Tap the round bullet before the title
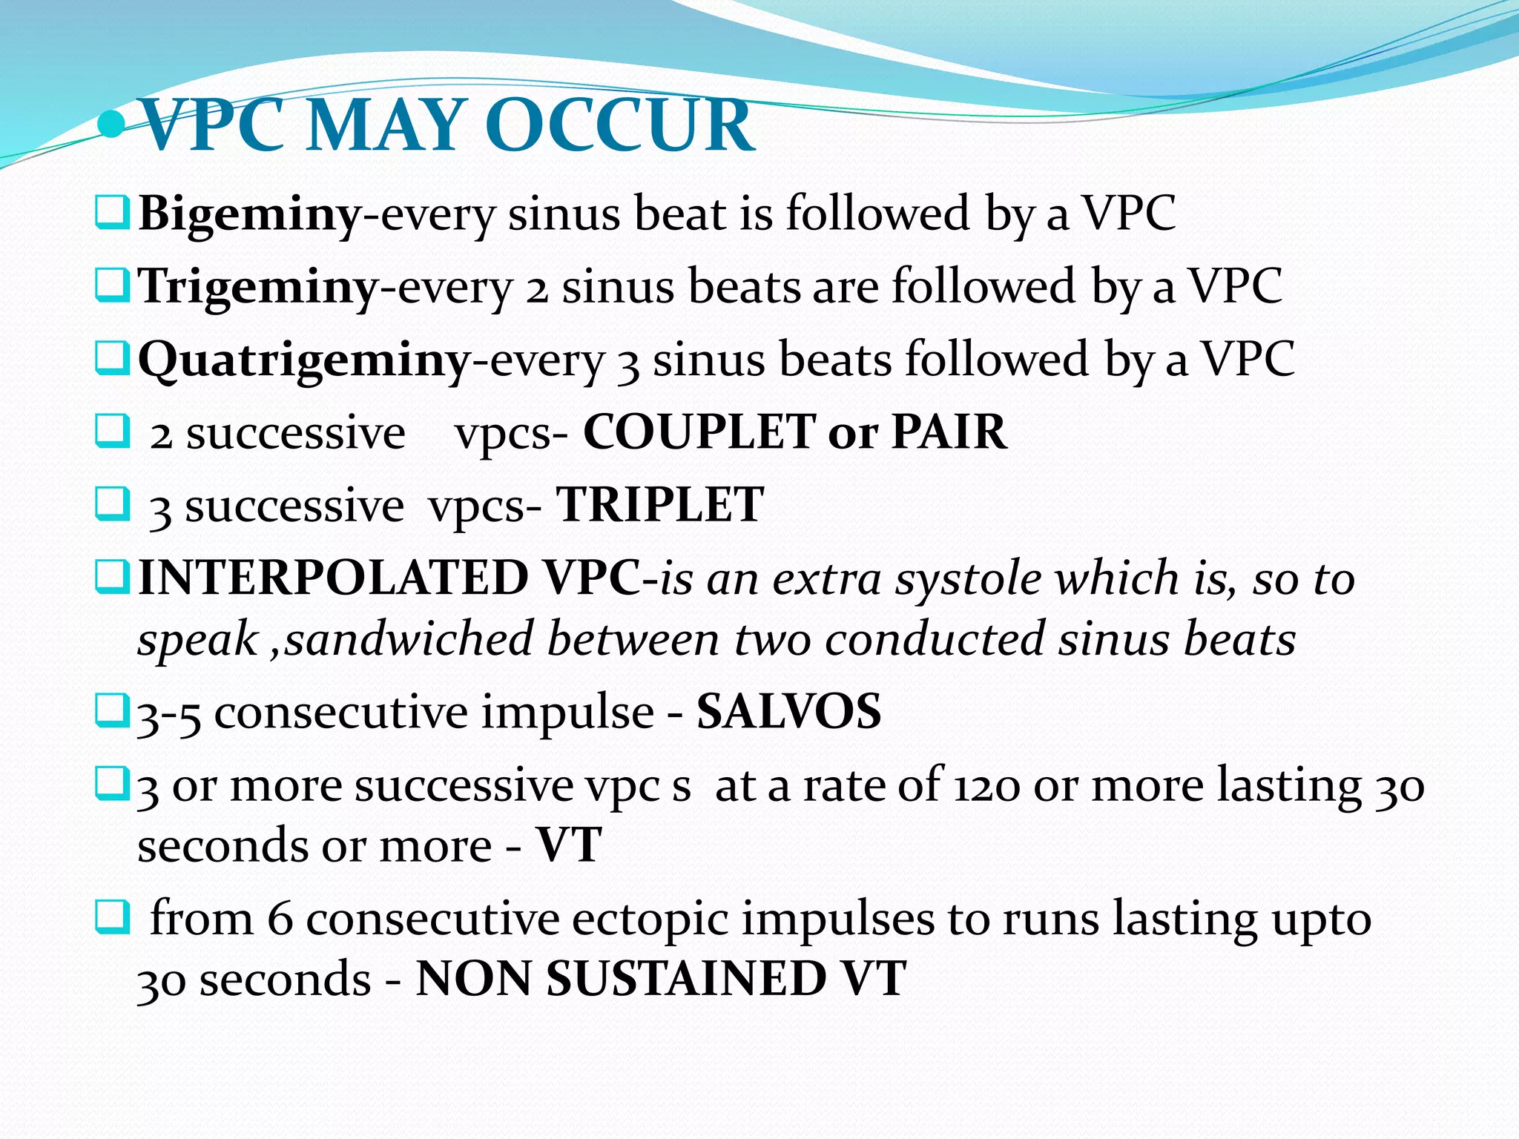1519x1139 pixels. (112, 125)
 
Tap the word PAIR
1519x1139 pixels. (949, 432)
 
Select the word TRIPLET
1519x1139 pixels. (659, 505)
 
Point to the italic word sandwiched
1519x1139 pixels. (409, 639)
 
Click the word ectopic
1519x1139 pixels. (650, 920)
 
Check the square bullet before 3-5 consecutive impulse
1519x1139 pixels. (113, 710)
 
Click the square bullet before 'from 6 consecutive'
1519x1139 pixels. (113, 918)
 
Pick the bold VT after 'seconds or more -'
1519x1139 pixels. (568, 845)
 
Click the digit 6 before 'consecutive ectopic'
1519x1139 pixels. (280, 920)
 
